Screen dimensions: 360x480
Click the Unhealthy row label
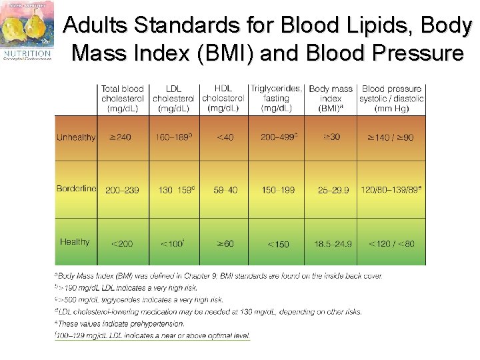coord(76,138)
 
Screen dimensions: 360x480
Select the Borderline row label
coord(76,189)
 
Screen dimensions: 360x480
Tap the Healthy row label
coord(75,242)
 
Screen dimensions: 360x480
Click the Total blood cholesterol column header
coord(122,99)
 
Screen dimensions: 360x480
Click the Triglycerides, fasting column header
coord(276,97)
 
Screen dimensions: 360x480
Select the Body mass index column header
coord(331,99)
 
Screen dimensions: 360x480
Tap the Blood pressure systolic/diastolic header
coord(391,98)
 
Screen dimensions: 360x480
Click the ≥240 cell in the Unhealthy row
coord(120,138)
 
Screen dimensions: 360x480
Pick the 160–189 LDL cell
coord(174,138)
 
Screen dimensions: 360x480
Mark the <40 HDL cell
coord(225,138)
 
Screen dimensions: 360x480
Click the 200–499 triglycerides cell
coord(278,138)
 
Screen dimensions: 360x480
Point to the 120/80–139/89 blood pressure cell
coord(391,190)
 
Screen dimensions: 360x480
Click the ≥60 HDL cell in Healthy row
coord(225,243)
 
